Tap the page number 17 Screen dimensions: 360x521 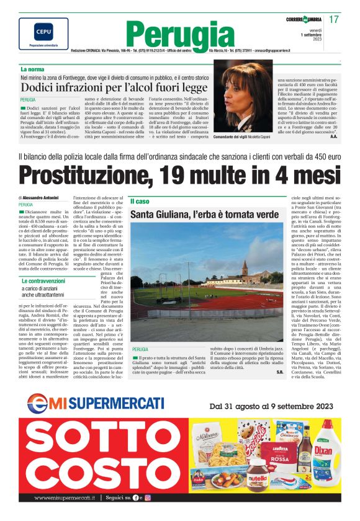(x=334, y=20)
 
